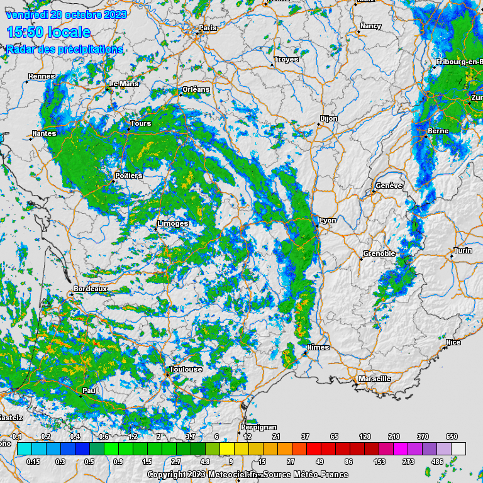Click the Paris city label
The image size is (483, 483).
pos(208,28)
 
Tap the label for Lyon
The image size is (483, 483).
pos(328,220)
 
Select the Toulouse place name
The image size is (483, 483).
pos(186,369)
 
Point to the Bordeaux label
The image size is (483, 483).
pos(91,289)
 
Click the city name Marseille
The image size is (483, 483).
pos(375,379)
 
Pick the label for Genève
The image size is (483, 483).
pos(389,186)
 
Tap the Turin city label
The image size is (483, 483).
pos(463,250)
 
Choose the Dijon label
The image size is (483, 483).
pos(329,118)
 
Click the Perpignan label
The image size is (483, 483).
pos(258,428)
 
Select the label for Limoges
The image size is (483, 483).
pos(173,223)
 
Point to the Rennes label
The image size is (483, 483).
pos(42,76)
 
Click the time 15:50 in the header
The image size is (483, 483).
pos(48,32)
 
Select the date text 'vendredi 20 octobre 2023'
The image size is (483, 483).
pos(66,14)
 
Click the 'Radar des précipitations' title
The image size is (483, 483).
pos(65,49)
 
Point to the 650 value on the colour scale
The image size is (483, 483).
pos(452,436)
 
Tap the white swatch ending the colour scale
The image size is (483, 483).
pos(458,448)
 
